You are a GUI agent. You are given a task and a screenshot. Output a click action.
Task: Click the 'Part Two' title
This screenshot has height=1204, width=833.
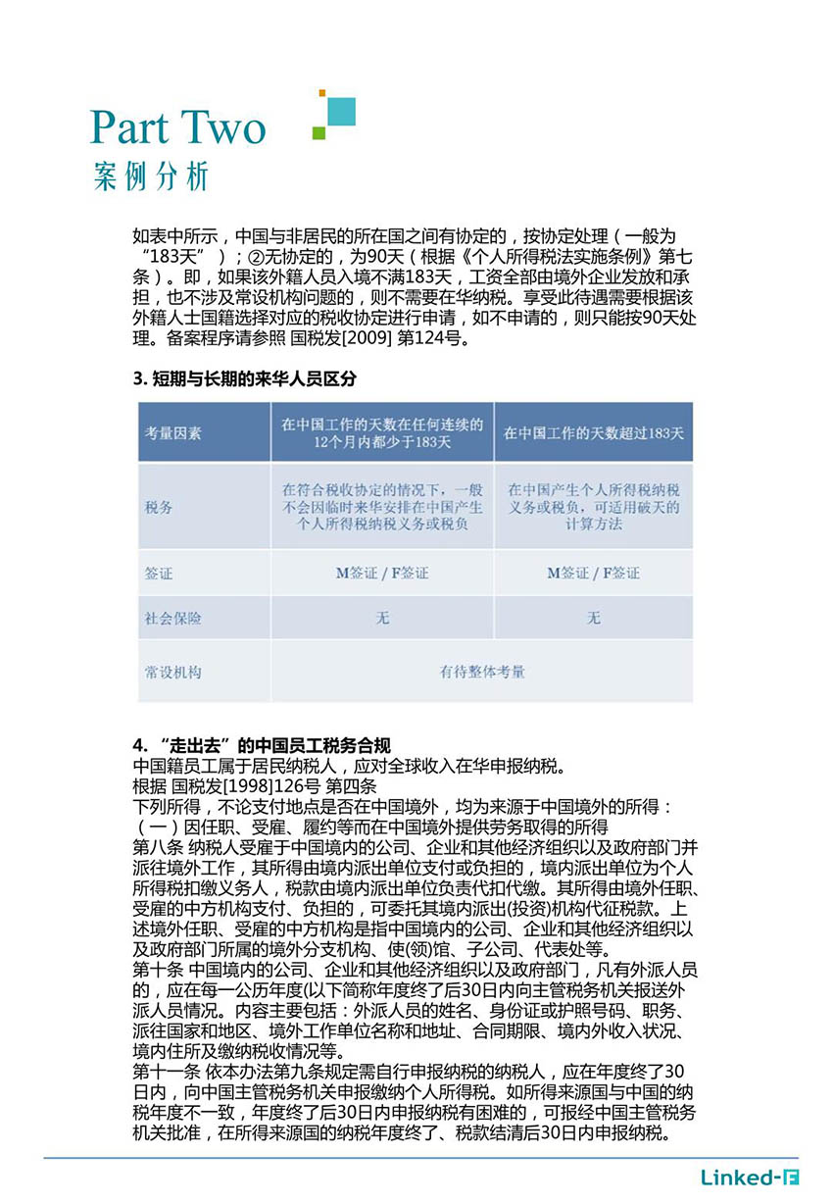tap(177, 127)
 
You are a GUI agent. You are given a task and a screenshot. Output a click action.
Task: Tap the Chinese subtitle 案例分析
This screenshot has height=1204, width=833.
tap(152, 176)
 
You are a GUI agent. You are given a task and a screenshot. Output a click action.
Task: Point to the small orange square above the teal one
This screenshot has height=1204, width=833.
tap(321, 94)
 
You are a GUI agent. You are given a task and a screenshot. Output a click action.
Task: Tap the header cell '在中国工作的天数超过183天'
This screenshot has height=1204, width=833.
tap(594, 432)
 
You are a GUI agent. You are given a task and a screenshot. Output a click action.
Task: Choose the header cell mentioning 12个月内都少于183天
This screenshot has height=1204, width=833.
tap(382, 433)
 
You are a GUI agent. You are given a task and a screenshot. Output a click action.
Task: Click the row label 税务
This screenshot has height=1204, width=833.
tap(159, 507)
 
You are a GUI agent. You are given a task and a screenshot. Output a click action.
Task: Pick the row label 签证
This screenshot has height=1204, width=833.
tap(159, 573)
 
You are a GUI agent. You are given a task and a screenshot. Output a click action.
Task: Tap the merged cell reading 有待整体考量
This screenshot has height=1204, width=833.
tap(482, 673)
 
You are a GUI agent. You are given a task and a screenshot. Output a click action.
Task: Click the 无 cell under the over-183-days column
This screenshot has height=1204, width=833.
tap(594, 619)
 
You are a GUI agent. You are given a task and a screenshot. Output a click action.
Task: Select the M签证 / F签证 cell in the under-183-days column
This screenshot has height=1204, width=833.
tap(382, 573)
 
